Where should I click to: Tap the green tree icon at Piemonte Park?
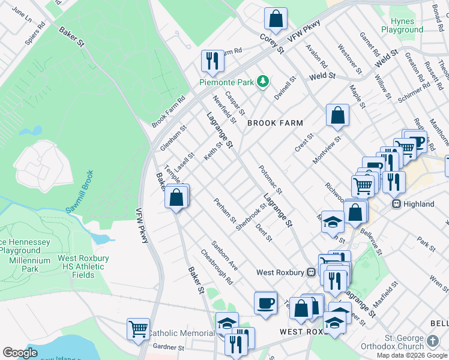pyautogui.click(x=262, y=81)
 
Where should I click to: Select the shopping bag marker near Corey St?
pyautogui.click(x=276, y=19)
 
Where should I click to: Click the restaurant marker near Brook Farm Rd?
pyautogui.click(x=212, y=61)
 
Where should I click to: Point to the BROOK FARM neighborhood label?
pyautogui.click(x=270, y=123)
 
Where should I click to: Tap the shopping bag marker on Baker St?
pyautogui.click(x=177, y=196)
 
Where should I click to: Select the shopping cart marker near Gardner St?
pyautogui.click(x=139, y=329)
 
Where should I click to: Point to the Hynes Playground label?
pyautogui.click(x=402, y=25)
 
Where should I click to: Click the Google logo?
pyautogui.click(x=20, y=353)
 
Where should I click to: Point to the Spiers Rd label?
pyautogui.click(x=35, y=34)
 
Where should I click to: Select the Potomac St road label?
pyautogui.click(x=271, y=178)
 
